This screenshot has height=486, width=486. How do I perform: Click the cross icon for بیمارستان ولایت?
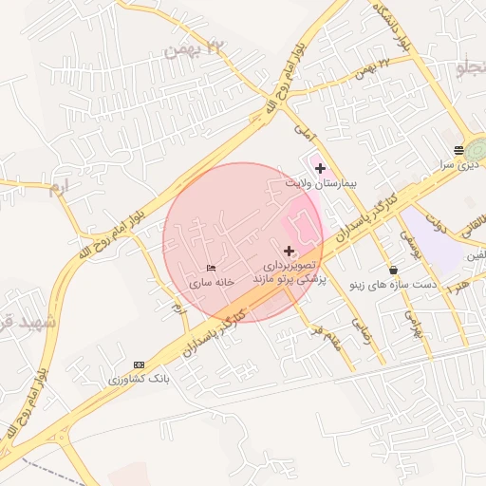[320, 168]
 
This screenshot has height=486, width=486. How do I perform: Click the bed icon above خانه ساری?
[211, 269]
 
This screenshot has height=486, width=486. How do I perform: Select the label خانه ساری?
[211, 283]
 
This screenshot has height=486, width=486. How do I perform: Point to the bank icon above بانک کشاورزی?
[140, 364]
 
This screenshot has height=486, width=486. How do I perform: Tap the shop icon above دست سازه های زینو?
[393, 270]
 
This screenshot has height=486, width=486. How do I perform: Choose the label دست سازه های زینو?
[393, 284]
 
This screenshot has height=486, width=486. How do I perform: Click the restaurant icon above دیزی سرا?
[458, 149]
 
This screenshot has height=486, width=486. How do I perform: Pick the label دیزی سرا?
[457, 163]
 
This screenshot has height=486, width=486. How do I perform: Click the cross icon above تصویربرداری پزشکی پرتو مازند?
[290, 252]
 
